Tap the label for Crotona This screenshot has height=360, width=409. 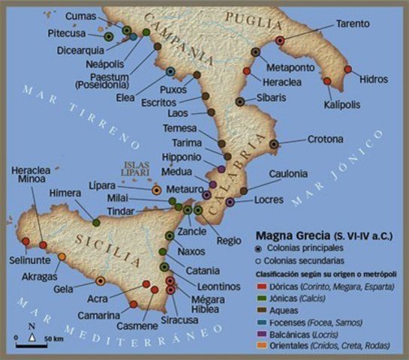325,139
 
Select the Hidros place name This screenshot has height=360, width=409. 374,78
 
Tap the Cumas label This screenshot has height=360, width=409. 80,16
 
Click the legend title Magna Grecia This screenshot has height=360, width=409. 288,233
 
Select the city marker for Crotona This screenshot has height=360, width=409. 274,143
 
